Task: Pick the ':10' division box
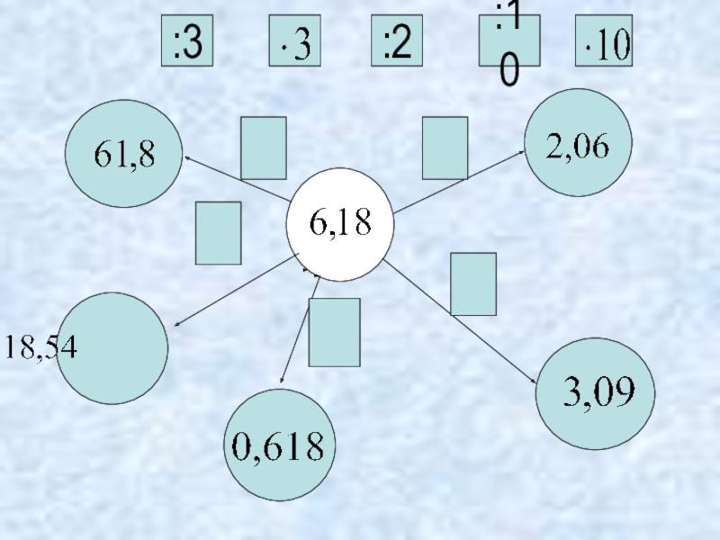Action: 509,41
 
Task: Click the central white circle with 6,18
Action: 339,224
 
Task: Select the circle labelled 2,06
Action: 578,143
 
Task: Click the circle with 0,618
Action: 279,445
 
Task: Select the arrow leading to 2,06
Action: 459,182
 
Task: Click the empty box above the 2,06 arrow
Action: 445,148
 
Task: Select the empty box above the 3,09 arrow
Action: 473,283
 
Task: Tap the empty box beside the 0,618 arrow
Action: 334,332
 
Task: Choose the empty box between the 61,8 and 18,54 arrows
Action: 218,232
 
